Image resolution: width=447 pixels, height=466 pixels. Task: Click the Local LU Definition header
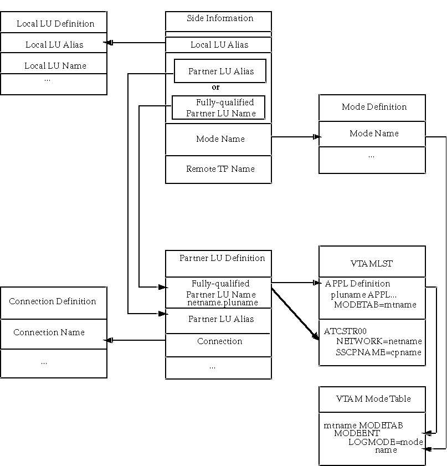(x=55, y=24)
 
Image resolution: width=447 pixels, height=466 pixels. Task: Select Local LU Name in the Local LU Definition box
(x=55, y=65)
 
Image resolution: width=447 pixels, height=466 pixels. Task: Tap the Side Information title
(x=219, y=19)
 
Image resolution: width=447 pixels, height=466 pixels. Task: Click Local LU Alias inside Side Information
(x=219, y=45)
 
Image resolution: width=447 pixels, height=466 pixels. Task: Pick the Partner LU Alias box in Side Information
(x=220, y=71)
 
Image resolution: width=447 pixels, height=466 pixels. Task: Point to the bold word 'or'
(x=216, y=87)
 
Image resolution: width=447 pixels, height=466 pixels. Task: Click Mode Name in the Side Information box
(x=220, y=139)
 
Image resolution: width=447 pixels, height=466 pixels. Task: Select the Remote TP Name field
(x=220, y=169)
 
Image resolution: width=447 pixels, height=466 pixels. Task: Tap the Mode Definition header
(x=374, y=107)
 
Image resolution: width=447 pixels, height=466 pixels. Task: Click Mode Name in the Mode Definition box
(x=374, y=134)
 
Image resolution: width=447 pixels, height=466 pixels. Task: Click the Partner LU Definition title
(x=222, y=258)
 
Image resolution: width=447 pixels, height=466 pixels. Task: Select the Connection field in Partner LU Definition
(x=219, y=341)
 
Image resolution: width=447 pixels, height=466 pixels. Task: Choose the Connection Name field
(x=49, y=332)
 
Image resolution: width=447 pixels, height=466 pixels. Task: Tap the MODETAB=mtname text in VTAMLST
(x=375, y=304)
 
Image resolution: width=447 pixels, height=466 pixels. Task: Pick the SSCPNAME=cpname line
(x=378, y=352)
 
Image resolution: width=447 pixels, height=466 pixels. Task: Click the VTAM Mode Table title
(x=373, y=399)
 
